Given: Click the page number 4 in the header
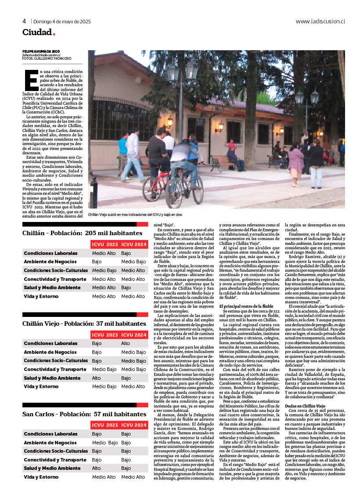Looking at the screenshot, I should [x=25, y=21].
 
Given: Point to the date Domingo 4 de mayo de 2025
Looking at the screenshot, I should [x=62, y=21].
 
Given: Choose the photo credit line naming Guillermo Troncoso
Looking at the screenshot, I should [x=47, y=58].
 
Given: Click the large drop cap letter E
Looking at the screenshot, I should [x=31, y=80].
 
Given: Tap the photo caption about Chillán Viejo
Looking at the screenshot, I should [x=135, y=214].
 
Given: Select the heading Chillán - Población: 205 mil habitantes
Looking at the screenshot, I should [x=83, y=233].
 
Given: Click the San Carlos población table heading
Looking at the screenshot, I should [x=84, y=414].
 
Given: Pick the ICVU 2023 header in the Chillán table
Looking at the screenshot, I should [x=105, y=244].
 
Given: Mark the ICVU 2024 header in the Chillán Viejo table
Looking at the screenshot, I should [x=134, y=335].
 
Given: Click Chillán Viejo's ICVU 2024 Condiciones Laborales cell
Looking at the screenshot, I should [x=126, y=343].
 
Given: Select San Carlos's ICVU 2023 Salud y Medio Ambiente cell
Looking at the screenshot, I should [x=96, y=468].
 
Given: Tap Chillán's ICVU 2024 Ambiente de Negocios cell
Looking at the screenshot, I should [x=134, y=262].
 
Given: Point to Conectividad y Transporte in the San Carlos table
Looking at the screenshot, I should [x=55, y=460].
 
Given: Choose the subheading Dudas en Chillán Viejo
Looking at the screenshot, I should [x=305, y=406].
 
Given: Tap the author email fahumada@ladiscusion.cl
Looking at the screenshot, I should [x=41, y=55].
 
